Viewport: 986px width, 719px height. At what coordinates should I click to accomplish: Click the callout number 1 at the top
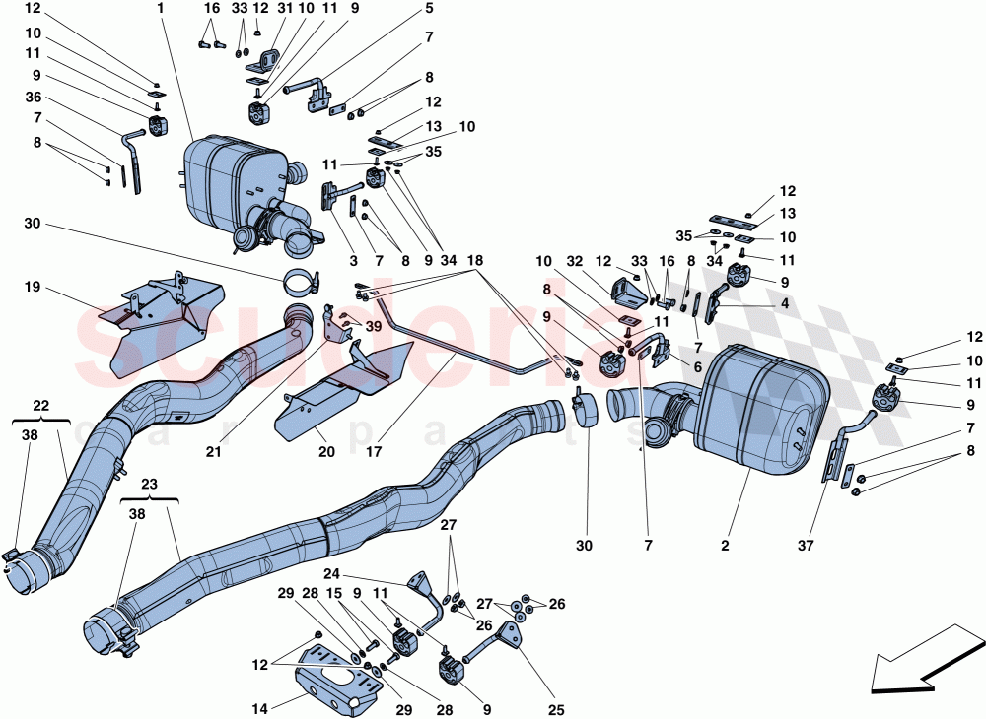(159, 8)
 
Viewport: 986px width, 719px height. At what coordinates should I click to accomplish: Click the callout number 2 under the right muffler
(725, 545)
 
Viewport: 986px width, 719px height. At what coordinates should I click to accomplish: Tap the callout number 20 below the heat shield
(326, 452)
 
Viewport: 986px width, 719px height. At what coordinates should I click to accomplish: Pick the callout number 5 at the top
(429, 8)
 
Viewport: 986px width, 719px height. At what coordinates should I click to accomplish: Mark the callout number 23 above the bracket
(149, 484)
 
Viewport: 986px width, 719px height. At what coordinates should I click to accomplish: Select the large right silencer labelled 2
(759, 399)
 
